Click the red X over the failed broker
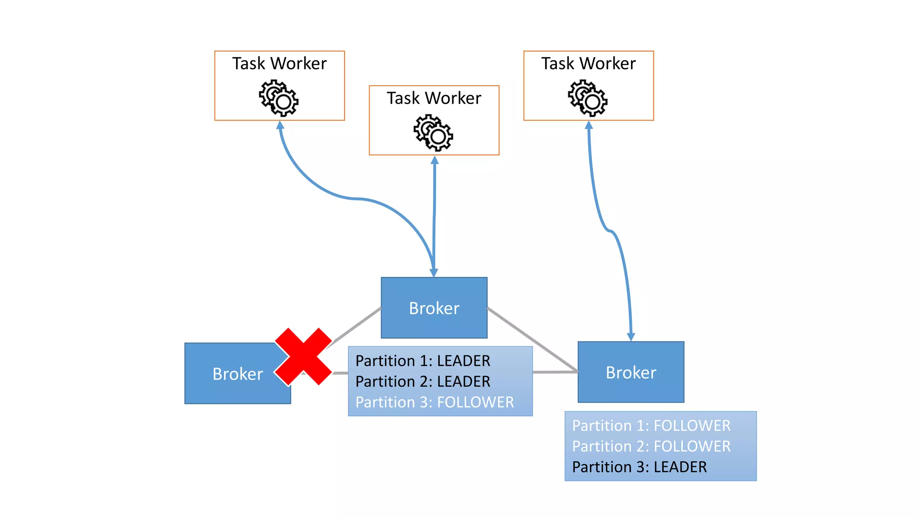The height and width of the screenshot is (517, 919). coord(303,356)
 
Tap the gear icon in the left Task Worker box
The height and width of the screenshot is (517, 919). coord(279,98)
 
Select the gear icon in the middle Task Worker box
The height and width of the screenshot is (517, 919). coord(433,132)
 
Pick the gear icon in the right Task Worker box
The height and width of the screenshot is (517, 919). coord(588,98)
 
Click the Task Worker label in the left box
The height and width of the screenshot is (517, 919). coord(279,64)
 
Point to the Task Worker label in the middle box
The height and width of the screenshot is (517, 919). coord(434,98)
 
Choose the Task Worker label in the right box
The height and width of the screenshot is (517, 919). coord(588,64)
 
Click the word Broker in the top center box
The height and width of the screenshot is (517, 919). coord(434,308)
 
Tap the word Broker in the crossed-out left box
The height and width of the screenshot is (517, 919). coord(237,374)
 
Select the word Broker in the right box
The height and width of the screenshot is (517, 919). coord(631,372)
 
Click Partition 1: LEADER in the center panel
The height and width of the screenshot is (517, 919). coord(423,361)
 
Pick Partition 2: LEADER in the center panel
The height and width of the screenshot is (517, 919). coord(423,381)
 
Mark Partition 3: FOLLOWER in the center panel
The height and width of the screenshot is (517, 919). coord(434,402)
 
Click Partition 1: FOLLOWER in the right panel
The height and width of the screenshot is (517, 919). coord(651,425)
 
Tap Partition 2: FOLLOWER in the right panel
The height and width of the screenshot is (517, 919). coord(651,446)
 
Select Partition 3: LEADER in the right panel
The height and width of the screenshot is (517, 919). coord(639,467)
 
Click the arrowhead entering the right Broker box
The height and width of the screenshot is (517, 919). coord(631,337)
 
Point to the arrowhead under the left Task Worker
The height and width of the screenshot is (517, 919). coord(280,125)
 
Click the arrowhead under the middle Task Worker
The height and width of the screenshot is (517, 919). coord(434,160)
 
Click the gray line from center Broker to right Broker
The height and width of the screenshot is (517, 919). coord(532,339)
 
